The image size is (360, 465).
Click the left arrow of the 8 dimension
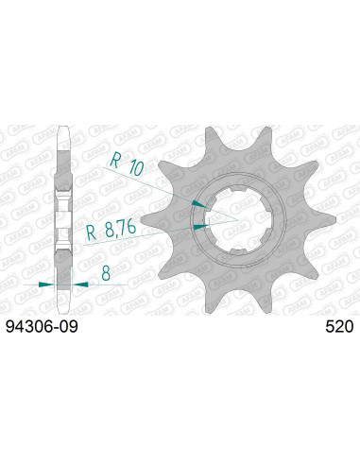pos(48,284)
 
